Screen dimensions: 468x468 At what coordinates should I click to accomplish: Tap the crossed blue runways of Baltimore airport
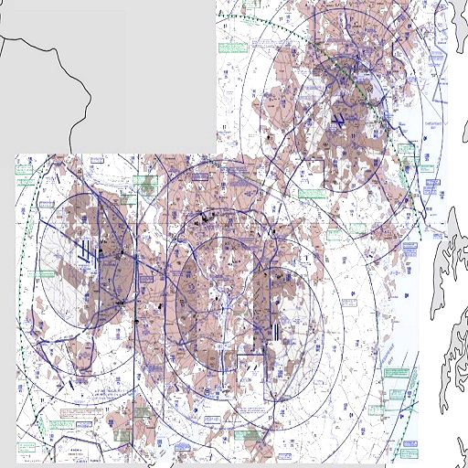(338, 119)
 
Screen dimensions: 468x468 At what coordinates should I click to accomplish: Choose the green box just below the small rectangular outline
(309, 193)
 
